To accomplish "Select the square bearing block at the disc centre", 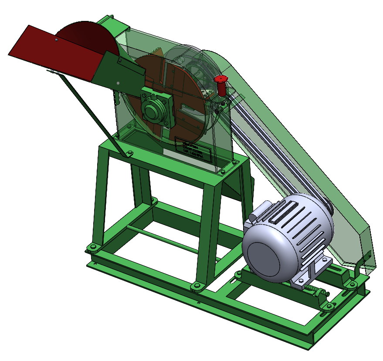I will (x=156, y=108).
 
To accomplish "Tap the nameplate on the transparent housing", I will (x=193, y=149).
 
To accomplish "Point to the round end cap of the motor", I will (x=265, y=255).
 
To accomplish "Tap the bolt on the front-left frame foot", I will (x=92, y=248).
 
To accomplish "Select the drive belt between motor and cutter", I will (x=270, y=152).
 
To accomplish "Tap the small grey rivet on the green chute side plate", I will (x=118, y=83).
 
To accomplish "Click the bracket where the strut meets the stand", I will (x=129, y=154).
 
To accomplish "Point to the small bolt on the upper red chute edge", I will (x=57, y=40).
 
